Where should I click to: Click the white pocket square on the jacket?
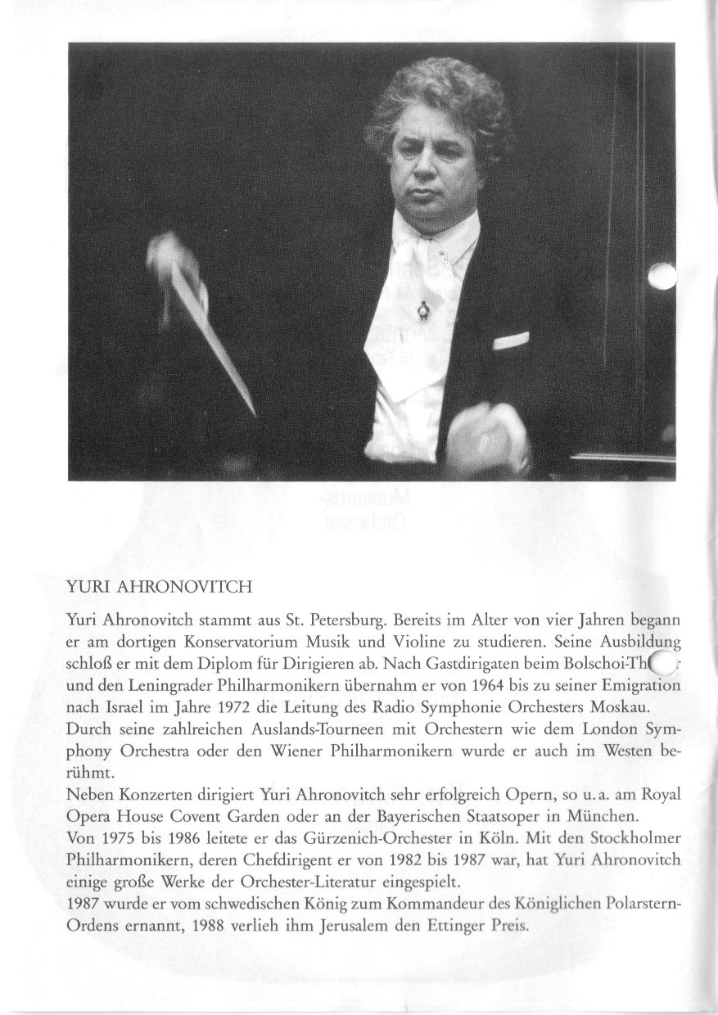point(510,340)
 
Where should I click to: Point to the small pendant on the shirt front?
point(422,309)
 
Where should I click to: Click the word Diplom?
point(195,661)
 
